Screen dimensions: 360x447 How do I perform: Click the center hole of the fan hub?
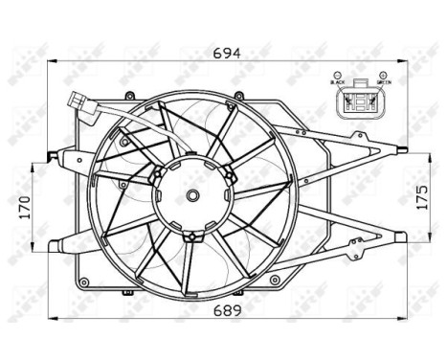pyautogui.click(x=192, y=197)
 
